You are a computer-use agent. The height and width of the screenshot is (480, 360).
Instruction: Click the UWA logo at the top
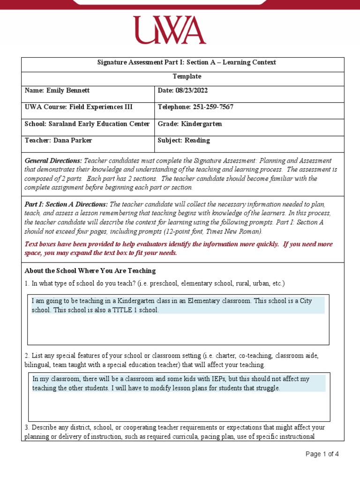(x=169, y=30)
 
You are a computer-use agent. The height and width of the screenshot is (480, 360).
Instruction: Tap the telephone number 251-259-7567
(x=213, y=107)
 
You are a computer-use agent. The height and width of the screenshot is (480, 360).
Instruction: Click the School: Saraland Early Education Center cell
(x=87, y=124)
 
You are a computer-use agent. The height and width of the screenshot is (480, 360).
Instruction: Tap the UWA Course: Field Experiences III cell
(x=78, y=107)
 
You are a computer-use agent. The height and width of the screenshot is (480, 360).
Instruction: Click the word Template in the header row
(x=187, y=76)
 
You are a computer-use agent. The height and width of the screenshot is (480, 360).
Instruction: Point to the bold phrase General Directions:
(x=53, y=161)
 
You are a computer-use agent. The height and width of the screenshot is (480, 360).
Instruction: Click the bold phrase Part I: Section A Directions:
(x=66, y=205)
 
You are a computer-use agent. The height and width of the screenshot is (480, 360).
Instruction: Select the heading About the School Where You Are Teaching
(x=90, y=271)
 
